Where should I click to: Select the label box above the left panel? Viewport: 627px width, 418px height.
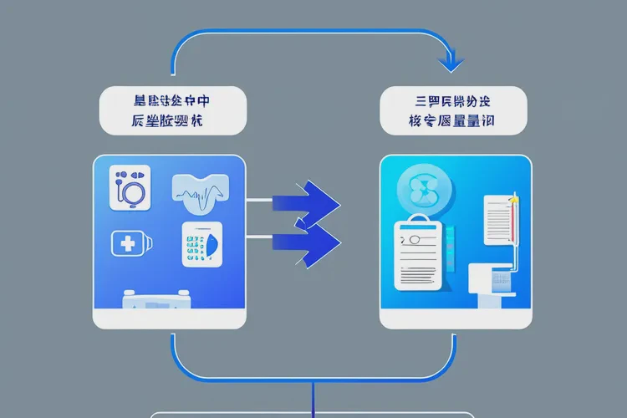tap(172, 110)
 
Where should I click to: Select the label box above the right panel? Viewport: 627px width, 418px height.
tap(453, 110)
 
